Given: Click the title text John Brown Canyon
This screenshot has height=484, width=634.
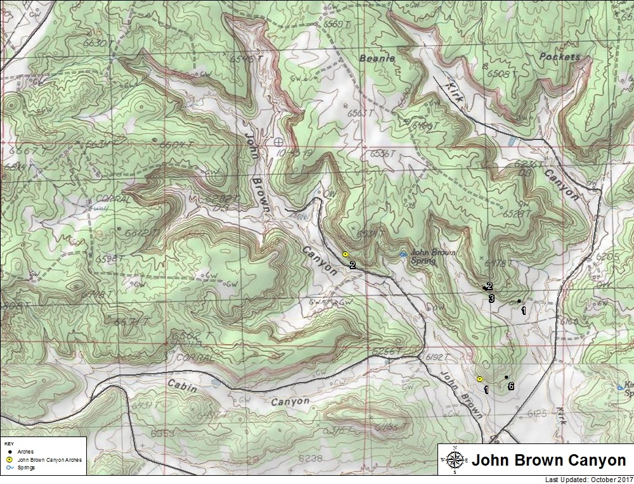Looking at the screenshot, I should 549,461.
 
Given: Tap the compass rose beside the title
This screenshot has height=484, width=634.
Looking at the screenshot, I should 454,461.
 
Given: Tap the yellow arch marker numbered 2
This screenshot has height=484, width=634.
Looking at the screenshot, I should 345,254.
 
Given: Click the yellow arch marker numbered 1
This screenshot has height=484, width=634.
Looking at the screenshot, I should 480,379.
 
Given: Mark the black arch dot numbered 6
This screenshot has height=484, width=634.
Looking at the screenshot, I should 506,378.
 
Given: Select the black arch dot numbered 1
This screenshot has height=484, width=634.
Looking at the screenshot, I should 519,301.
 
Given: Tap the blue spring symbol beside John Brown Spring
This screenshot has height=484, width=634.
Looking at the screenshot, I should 403,255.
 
